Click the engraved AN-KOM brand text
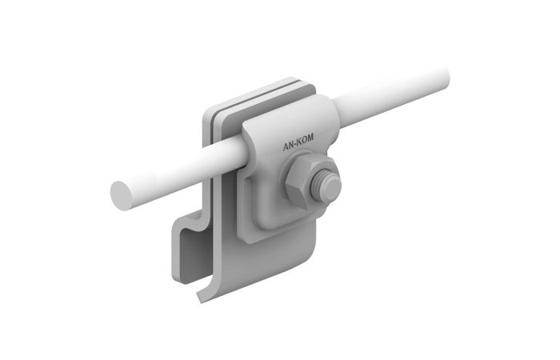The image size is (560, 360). [298, 142]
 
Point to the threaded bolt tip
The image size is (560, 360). [326, 186]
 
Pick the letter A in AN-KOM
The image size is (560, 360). [286, 146]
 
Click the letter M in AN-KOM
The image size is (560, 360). [310, 138]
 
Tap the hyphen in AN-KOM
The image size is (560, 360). [296, 144]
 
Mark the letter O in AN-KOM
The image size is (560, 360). [304, 140]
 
